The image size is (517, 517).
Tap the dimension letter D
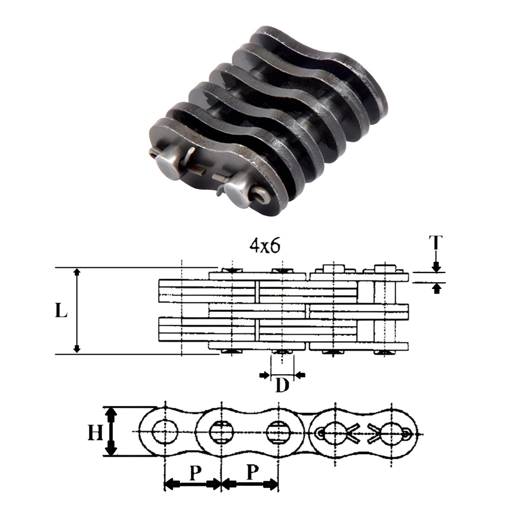pyautogui.click(x=282, y=386)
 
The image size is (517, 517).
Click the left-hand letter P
pyautogui.click(x=193, y=472)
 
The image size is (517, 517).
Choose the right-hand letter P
pyautogui.click(x=251, y=472)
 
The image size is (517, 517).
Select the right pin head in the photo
pyautogui.click(x=235, y=195)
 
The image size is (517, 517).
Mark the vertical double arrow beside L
pyautogui.click(x=77, y=310)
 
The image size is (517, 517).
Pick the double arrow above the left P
pyautogui.click(x=192, y=484)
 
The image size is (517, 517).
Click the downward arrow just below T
pyautogui.click(x=436, y=266)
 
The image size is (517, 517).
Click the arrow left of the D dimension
pyautogui.click(x=265, y=374)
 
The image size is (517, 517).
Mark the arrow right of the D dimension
pyautogui.click(x=300, y=374)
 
